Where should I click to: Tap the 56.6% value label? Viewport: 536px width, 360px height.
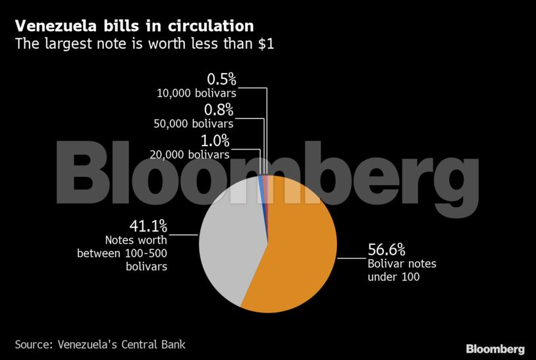[x=386, y=249]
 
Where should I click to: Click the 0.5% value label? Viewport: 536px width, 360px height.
[x=221, y=80]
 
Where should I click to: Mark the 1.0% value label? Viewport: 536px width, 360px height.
[x=215, y=140]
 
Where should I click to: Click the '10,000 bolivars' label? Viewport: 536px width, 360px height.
[x=196, y=93]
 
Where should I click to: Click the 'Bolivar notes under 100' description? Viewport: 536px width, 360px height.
[x=401, y=270]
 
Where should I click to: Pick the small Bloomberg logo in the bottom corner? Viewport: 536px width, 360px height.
[x=495, y=348]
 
